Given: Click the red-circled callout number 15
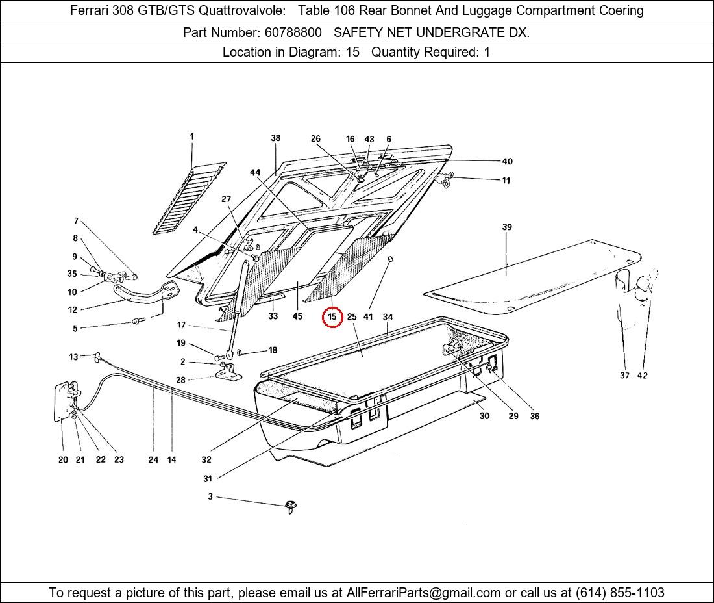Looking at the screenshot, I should pos(332,317).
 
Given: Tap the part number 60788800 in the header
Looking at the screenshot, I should pos(291,32).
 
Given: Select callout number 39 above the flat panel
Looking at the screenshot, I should pos(507,227).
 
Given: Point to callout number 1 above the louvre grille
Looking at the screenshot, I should pos(192,136).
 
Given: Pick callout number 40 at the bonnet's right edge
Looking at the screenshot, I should pos(507,161).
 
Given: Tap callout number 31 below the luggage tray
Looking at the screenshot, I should pos(208,478).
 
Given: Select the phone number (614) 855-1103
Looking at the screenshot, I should pos(620,593).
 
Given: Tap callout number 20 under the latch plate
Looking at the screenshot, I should pos(63,459).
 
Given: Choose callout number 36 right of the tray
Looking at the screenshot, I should pos(534,416).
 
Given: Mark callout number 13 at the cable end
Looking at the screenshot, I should pos(74,357).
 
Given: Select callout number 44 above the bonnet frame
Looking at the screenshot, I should pos(255,172).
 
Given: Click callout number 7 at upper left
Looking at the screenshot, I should pos(76,221).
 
